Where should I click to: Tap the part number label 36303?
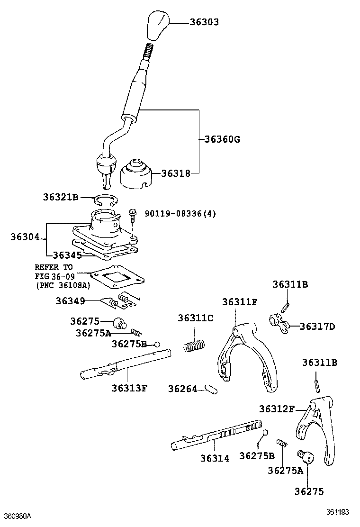(x=204, y=22)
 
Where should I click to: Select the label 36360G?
(x=222, y=139)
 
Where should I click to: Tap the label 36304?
(x=25, y=236)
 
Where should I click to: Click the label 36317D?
(x=317, y=327)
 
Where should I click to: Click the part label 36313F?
(x=129, y=388)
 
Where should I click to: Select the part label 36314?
(x=214, y=458)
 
